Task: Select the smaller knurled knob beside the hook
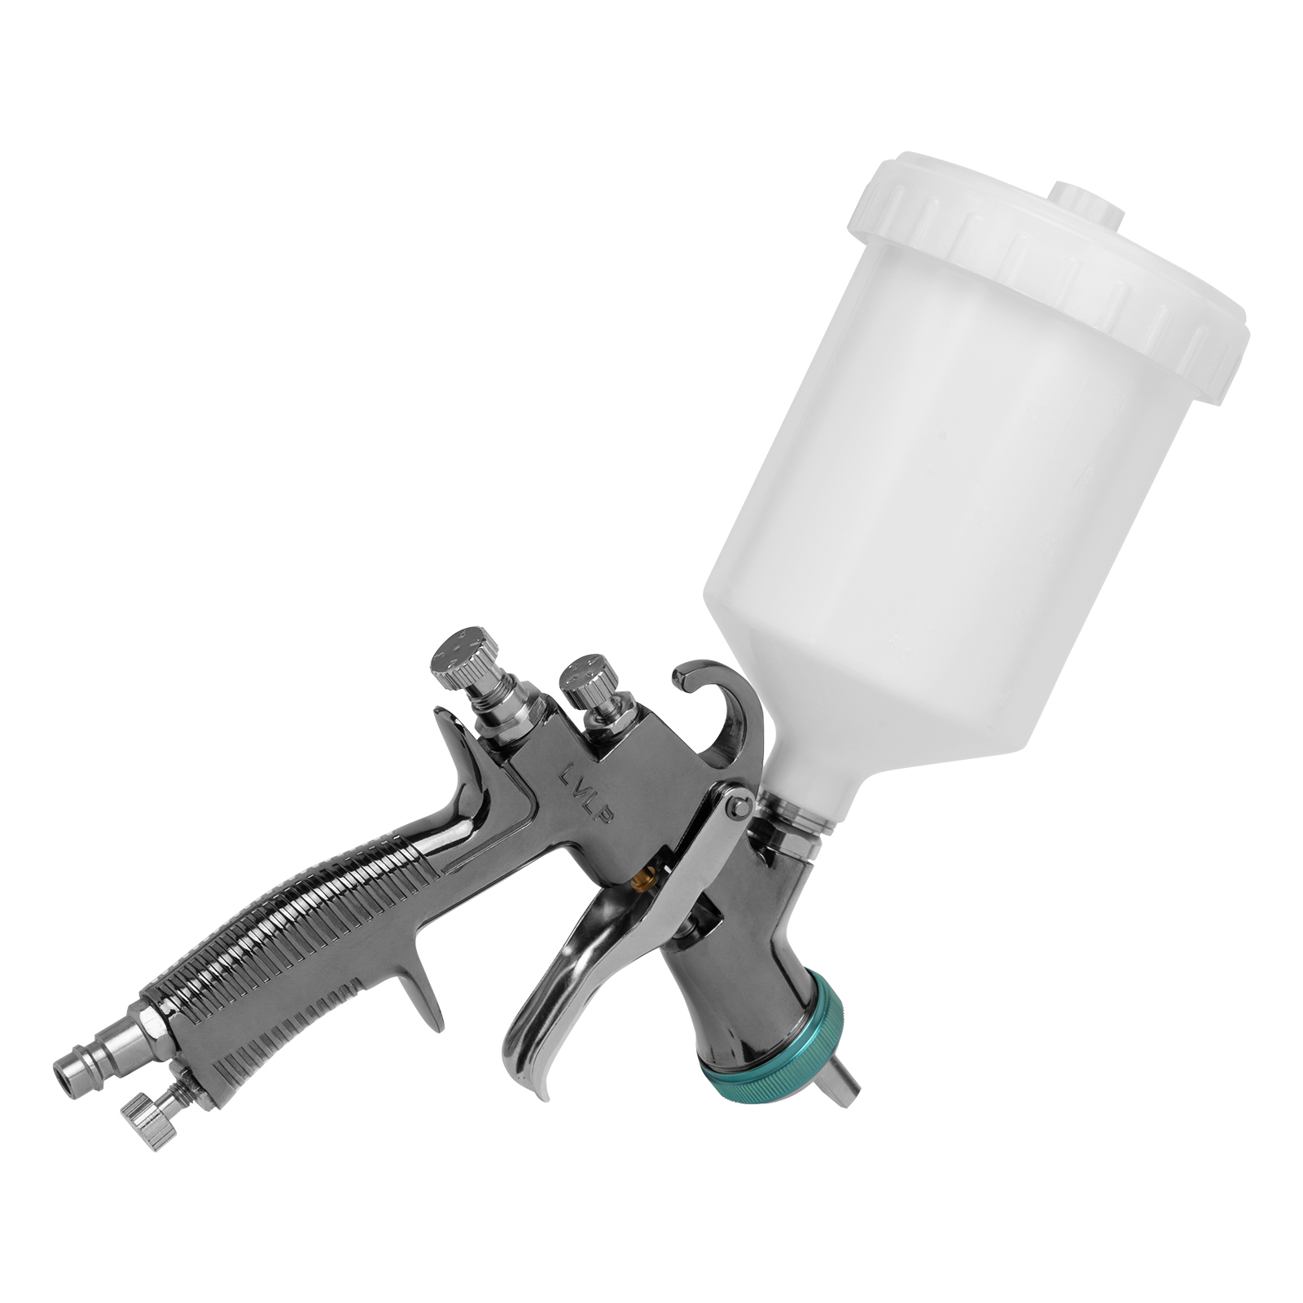[x=584, y=678]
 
